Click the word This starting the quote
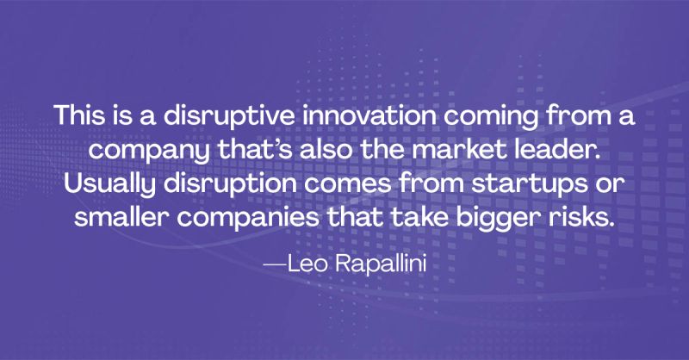click(x=79, y=115)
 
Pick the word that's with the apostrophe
click(x=255, y=150)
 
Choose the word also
click(x=326, y=150)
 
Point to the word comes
click(x=347, y=184)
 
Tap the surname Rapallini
click(x=382, y=264)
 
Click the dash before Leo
click(x=275, y=265)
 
